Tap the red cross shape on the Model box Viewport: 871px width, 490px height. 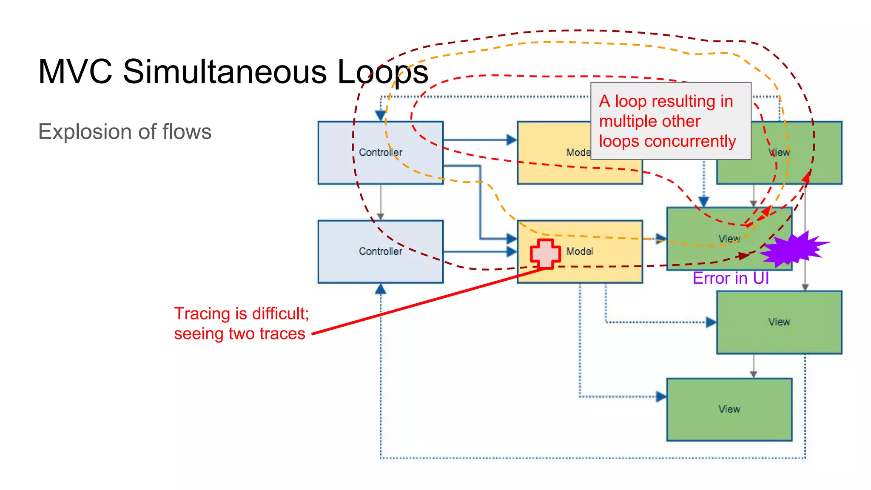coord(545,254)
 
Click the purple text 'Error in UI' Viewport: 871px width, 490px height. coord(730,278)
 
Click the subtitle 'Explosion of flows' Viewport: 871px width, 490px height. coord(125,131)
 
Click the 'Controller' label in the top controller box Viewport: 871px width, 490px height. coord(380,152)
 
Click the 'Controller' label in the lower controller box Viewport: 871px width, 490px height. coord(380,251)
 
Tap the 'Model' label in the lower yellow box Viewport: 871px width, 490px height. coord(579,251)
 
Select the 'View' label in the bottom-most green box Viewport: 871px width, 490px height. coord(729,409)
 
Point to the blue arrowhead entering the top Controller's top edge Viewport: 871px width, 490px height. coord(380,115)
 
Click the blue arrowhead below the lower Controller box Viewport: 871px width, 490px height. coord(380,289)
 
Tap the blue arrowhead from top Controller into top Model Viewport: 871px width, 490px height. coord(511,140)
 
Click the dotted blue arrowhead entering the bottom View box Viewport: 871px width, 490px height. coord(661,396)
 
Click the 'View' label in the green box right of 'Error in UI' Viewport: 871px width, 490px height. coord(779,322)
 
